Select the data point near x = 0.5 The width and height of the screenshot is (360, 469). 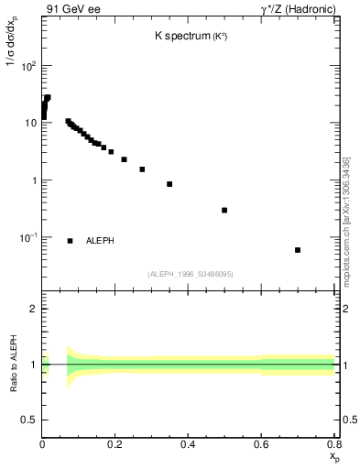pyautogui.click(x=224, y=210)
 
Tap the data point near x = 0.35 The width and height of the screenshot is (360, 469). pyautogui.click(x=169, y=184)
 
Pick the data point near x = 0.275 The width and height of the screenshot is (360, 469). pyautogui.click(x=142, y=169)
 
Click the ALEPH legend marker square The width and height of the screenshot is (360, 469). pyautogui.click(x=71, y=241)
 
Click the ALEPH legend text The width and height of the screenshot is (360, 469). pyautogui.click(x=100, y=241)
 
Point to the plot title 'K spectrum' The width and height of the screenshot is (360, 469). pyautogui.click(x=183, y=37)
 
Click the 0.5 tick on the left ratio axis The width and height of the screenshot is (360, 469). pyautogui.click(x=30, y=420)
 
